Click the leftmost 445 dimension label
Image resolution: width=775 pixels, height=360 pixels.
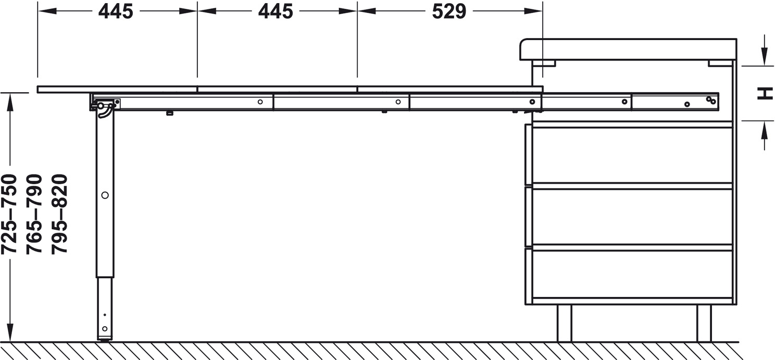(x=116, y=11)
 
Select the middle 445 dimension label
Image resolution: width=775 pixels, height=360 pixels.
(x=276, y=11)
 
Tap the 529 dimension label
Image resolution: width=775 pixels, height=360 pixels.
(x=449, y=11)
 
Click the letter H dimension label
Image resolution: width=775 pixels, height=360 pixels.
(x=765, y=93)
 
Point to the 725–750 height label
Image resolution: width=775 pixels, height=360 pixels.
(x=9, y=214)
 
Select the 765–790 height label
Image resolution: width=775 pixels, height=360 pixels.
(x=34, y=214)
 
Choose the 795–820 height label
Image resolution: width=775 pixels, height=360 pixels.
(x=59, y=214)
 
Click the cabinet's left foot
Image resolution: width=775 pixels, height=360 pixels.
(x=564, y=324)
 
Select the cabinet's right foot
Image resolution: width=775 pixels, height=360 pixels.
(x=704, y=324)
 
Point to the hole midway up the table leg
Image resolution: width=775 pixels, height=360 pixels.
(x=105, y=195)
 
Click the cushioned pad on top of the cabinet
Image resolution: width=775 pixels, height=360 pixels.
(x=628, y=49)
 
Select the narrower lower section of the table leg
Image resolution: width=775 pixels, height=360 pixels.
(x=105, y=309)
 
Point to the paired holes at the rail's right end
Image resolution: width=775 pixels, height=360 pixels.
(x=710, y=101)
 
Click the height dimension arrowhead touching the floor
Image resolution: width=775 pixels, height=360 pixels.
(x=10, y=333)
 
